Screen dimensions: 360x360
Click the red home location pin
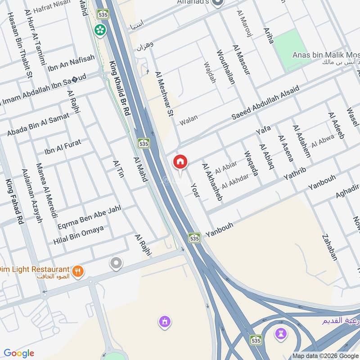[180, 162]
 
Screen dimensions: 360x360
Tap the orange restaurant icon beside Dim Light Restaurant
[78, 271]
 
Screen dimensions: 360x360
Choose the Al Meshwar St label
[164, 94]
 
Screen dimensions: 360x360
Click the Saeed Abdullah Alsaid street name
[265, 102]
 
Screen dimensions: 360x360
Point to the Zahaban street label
[329, 247]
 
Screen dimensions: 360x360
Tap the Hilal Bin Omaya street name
[78, 235]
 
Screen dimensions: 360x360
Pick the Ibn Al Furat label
[63, 146]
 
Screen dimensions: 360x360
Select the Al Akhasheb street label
[212, 182]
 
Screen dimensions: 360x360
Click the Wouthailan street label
[226, 67]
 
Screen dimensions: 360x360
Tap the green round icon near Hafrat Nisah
[100, 30]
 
